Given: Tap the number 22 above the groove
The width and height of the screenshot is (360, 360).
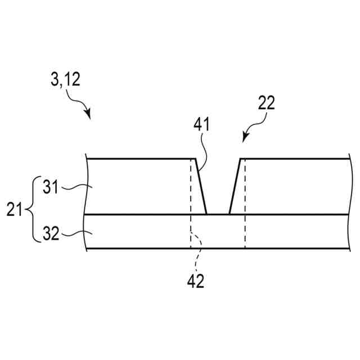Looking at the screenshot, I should click(x=266, y=103).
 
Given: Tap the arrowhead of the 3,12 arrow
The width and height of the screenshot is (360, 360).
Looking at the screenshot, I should click(x=88, y=116).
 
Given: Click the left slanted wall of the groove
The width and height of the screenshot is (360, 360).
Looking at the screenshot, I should click(x=201, y=186).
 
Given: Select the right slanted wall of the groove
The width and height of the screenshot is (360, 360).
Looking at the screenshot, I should click(x=235, y=186).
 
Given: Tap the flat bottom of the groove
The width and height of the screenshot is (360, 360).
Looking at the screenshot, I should click(x=218, y=214).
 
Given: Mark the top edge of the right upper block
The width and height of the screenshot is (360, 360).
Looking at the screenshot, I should click(x=292, y=159).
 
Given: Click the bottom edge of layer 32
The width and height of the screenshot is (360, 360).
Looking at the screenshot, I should click(x=214, y=249).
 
